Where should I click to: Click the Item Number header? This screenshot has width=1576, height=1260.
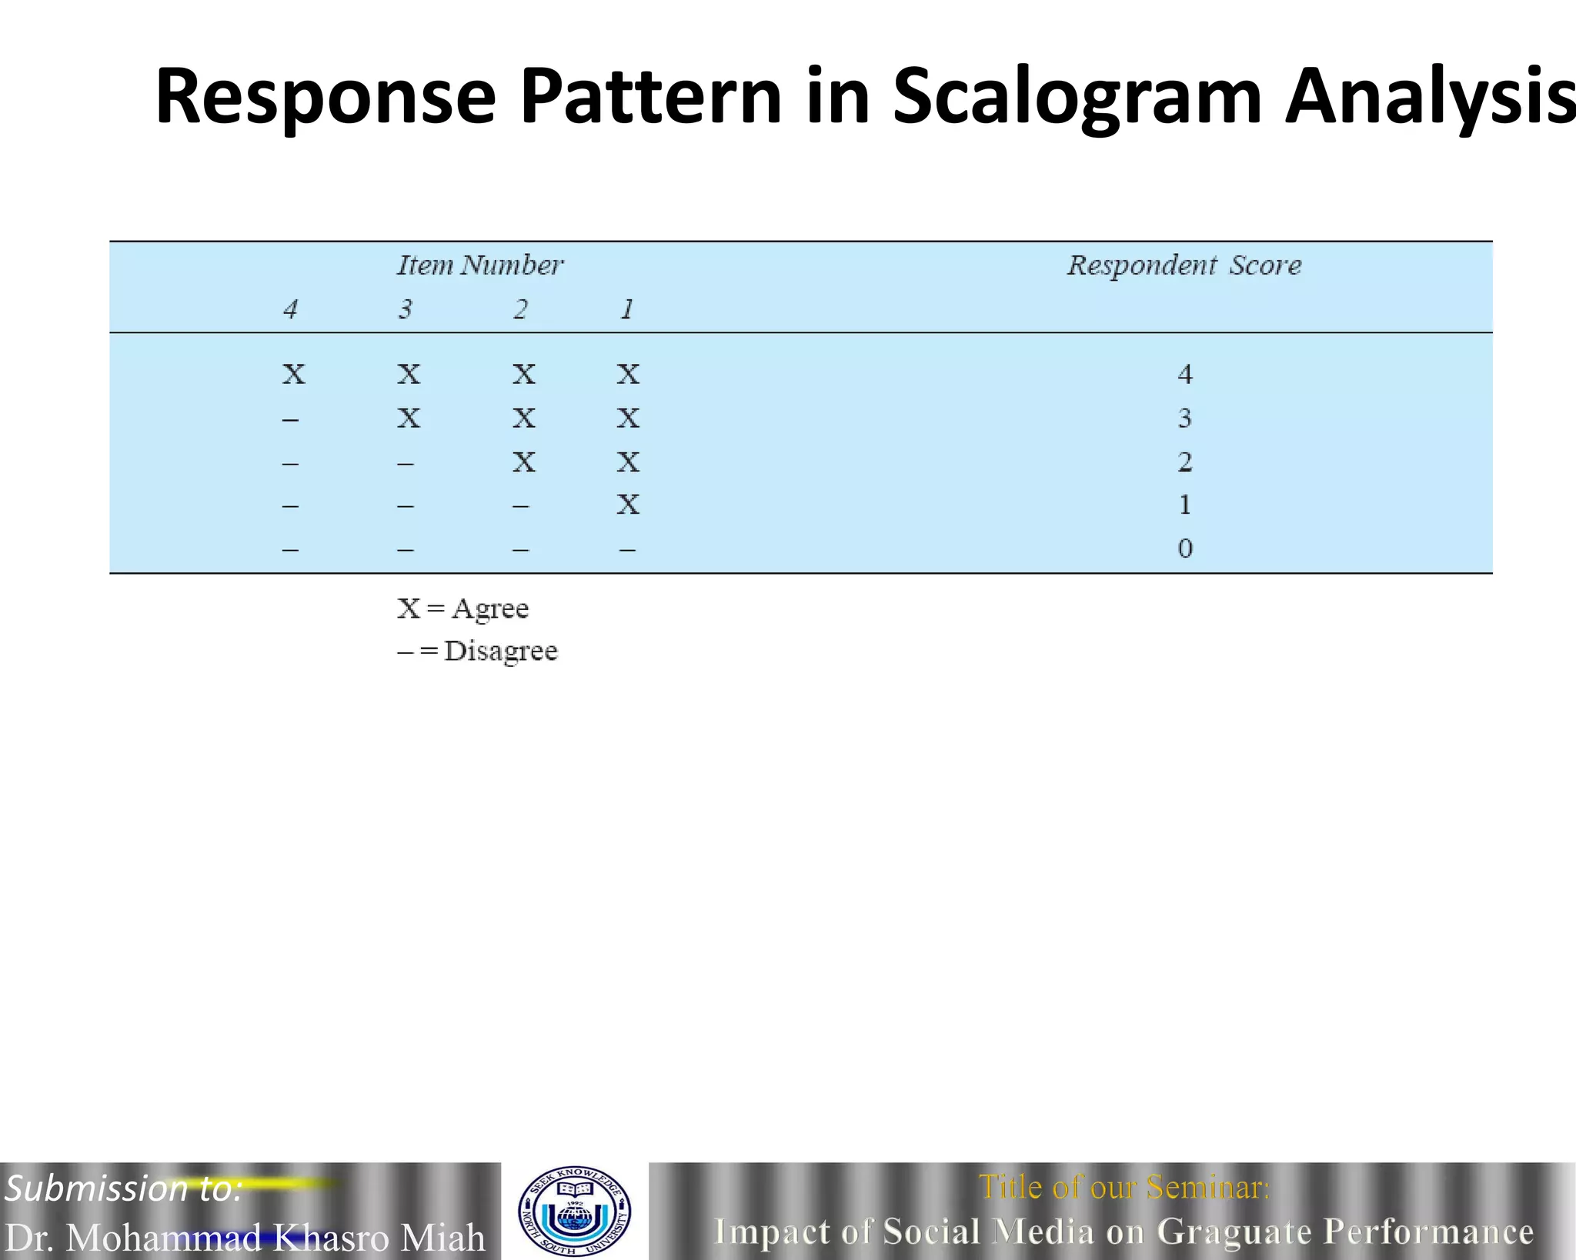[480, 265]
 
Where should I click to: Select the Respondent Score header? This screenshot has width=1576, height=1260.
[1184, 265]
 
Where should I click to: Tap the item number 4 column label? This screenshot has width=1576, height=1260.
[290, 309]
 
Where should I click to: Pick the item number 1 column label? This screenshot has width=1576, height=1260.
[627, 309]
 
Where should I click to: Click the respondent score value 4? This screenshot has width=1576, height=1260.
[1184, 375]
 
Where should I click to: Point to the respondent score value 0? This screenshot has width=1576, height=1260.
[1184, 548]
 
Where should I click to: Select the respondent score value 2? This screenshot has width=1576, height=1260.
[1184, 462]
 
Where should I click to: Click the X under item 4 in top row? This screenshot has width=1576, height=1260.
[293, 375]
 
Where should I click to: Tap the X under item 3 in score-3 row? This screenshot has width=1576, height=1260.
[409, 418]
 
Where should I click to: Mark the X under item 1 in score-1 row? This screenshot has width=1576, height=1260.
[628, 505]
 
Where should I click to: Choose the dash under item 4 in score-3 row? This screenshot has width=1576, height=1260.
[290, 420]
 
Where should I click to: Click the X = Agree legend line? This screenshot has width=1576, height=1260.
[463, 608]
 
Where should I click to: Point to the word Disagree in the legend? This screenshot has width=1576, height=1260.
[501, 652]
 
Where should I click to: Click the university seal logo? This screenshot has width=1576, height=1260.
[575, 1211]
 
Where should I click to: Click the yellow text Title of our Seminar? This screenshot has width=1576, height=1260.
[1124, 1187]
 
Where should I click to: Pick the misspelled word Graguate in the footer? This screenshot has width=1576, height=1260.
[1234, 1231]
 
